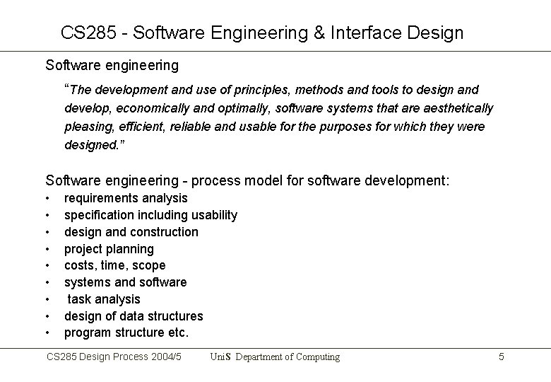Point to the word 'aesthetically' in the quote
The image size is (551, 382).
click(458, 108)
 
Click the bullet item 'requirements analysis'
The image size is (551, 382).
click(126, 198)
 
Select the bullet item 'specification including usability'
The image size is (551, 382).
click(150, 215)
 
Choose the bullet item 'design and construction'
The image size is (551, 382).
click(131, 232)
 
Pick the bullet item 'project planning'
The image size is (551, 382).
click(109, 249)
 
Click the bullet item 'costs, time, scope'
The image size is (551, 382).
click(115, 265)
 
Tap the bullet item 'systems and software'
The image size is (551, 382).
click(126, 282)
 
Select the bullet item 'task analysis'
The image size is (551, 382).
click(104, 299)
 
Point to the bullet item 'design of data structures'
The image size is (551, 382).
click(134, 316)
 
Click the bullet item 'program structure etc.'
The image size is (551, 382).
click(126, 333)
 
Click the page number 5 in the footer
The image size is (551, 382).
click(501, 357)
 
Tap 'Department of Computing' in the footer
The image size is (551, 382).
click(288, 357)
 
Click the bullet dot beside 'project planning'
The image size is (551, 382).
click(48, 249)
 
